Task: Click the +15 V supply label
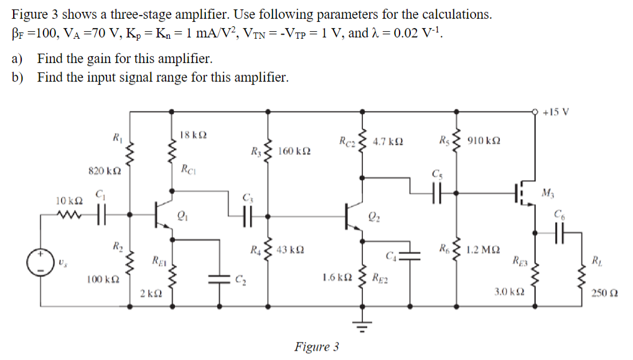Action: pyautogui.click(x=555, y=113)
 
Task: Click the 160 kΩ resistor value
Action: pyautogui.click(x=295, y=151)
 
